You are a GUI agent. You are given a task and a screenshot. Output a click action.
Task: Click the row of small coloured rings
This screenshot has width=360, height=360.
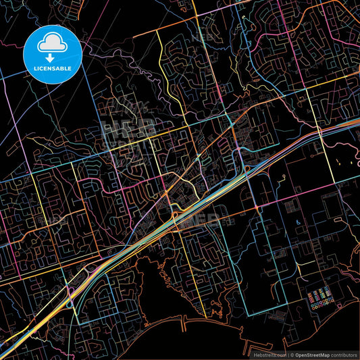(323, 305)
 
